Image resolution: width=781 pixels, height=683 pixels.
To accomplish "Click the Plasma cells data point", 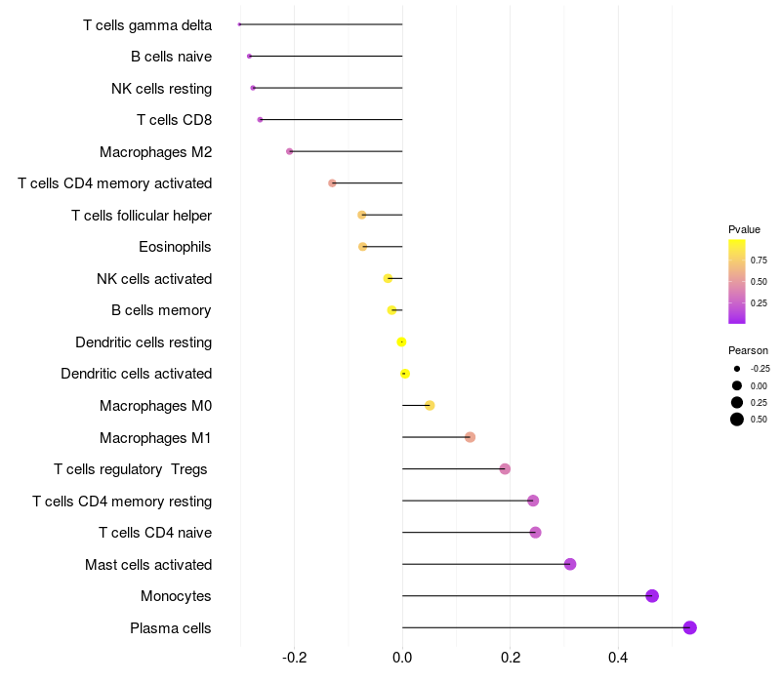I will click(690, 627).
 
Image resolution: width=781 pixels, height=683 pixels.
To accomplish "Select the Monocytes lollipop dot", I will click(652, 596).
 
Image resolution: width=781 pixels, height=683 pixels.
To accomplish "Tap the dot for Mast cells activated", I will click(570, 564).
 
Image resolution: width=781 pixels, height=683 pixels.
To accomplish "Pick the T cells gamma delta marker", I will click(239, 24).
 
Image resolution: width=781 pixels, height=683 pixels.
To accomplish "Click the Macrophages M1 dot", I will click(470, 437).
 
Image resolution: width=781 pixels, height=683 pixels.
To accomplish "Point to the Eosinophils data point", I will click(363, 247).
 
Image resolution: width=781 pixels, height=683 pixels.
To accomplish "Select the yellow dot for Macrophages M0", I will click(430, 405).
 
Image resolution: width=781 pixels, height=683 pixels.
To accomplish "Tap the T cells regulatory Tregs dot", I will click(505, 469).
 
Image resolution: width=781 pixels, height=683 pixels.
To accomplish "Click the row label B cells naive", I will click(171, 57).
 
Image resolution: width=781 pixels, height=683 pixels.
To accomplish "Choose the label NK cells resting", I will click(161, 89).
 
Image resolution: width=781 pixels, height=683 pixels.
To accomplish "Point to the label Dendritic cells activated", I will click(136, 374).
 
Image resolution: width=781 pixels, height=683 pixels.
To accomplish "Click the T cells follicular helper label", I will click(142, 215).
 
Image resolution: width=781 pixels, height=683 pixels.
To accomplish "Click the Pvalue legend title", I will click(744, 229).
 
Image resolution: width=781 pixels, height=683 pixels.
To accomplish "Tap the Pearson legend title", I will click(748, 350).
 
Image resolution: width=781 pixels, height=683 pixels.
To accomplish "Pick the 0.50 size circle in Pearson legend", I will click(737, 420).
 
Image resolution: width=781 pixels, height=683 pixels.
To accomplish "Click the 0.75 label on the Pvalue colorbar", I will click(759, 261).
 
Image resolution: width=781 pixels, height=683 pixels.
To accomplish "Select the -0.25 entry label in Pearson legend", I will click(760, 369).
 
